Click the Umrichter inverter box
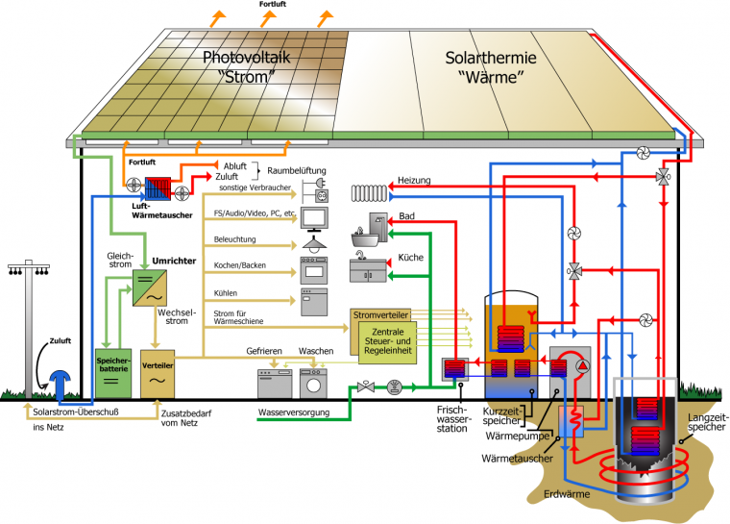149,289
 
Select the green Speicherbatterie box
113,372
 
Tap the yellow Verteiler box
157,373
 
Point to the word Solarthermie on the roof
491,59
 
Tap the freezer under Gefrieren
274,384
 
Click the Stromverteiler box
380,314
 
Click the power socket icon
315,185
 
